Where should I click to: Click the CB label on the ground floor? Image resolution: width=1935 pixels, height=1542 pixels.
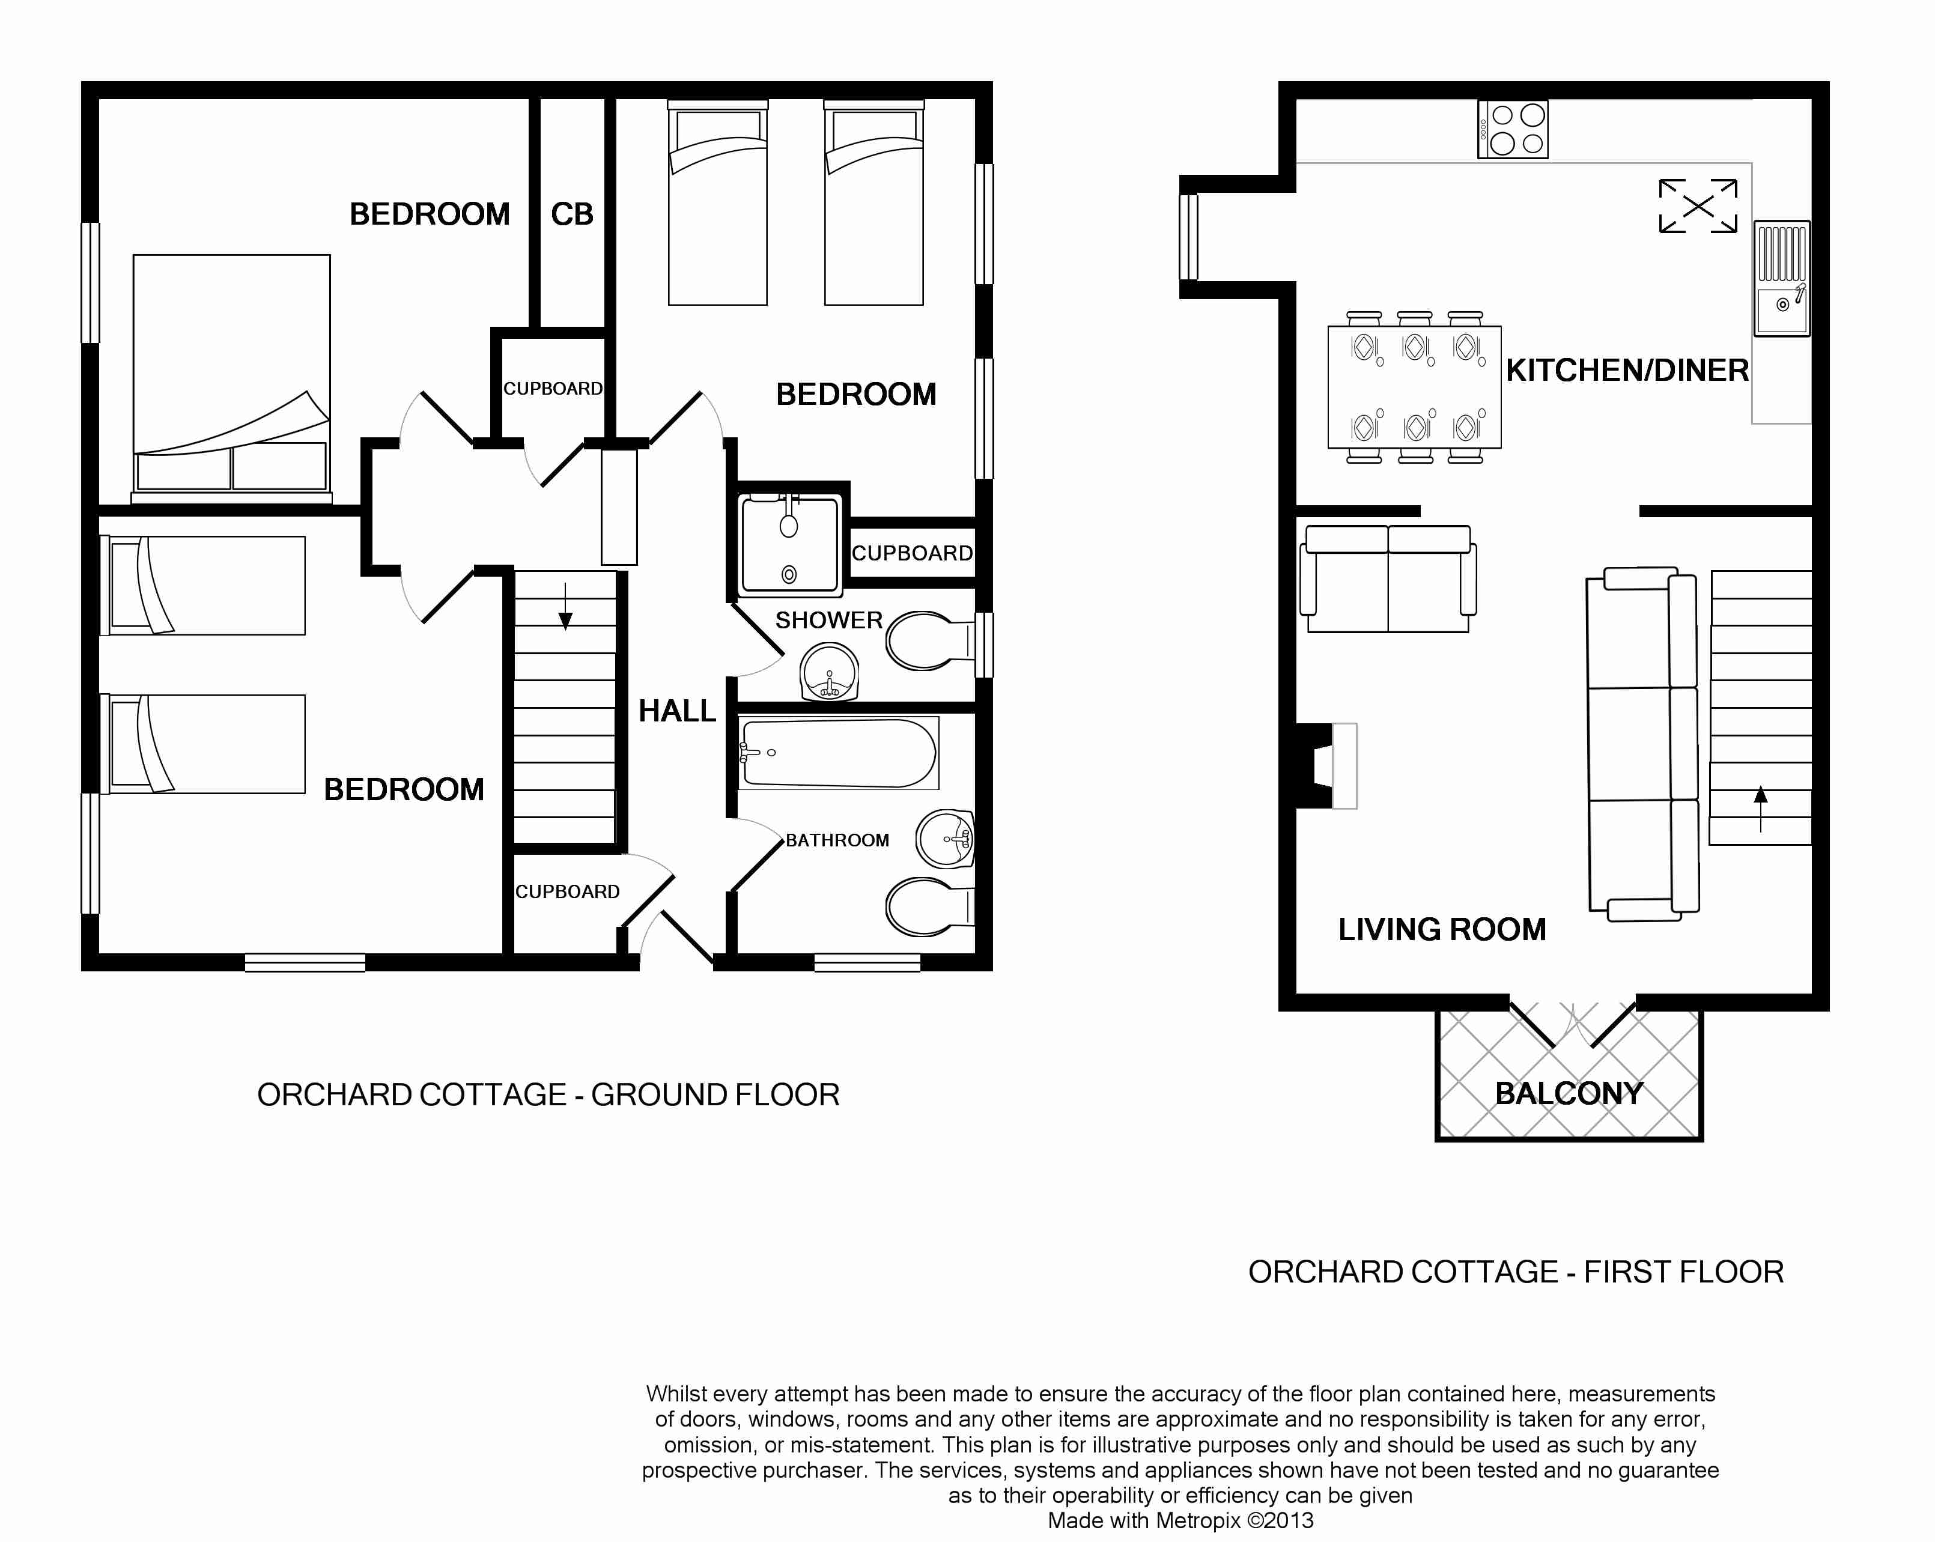(x=572, y=214)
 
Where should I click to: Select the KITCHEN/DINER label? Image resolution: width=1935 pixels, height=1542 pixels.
(x=1627, y=370)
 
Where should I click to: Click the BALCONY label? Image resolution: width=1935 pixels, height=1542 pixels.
(x=1569, y=1093)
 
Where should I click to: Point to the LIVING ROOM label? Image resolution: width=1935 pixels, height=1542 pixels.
(x=1442, y=929)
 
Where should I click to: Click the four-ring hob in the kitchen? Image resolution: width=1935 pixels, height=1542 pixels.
(x=1513, y=129)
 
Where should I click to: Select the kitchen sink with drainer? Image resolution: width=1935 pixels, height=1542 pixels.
(x=1782, y=278)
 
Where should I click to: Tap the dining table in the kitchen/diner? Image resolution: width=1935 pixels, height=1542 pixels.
(x=1414, y=387)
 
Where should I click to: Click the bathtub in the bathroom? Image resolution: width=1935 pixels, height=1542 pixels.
(x=838, y=753)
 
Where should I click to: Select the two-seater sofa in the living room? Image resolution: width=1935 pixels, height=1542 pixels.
(x=1388, y=579)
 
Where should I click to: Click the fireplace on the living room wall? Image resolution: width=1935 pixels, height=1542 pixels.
(x=1326, y=766)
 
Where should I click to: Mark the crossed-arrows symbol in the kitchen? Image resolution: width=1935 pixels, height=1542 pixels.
(x=1698, y=205)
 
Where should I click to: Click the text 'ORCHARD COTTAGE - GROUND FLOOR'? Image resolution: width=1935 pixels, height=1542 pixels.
(x=548, y=1095)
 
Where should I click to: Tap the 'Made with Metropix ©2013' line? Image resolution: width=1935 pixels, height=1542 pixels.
(x=1180, y=1520)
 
